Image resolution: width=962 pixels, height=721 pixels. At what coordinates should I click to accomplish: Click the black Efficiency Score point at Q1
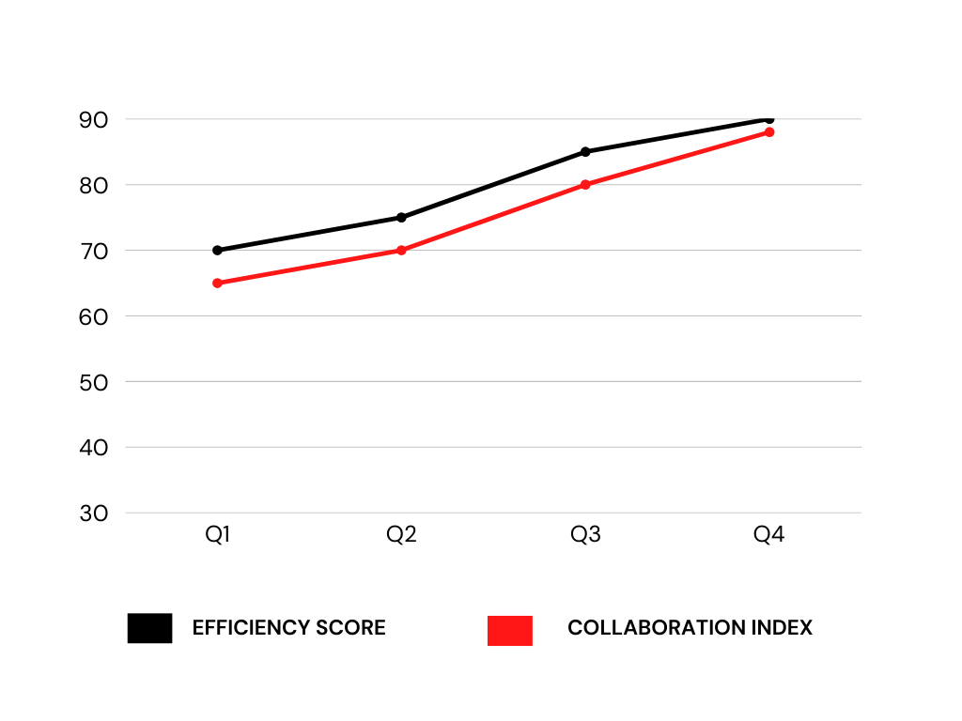click(217, 251)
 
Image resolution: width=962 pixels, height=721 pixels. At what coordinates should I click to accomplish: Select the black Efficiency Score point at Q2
click(401, 218)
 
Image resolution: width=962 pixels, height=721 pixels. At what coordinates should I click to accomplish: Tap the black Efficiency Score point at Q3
click(585, 151)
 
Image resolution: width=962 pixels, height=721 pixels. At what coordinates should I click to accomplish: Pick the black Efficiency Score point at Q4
click(769, 119)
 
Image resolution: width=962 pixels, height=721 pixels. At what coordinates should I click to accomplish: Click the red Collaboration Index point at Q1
click(217, 283)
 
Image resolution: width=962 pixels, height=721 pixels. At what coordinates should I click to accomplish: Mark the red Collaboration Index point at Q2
click(401, 251)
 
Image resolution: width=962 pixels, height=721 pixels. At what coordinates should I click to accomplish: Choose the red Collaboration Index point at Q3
click(585, 185)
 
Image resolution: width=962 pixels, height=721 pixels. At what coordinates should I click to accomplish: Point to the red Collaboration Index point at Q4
click(769, 132)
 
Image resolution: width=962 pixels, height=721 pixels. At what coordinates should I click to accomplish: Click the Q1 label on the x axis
click(218, 536)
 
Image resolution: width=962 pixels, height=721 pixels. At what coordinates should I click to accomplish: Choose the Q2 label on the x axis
click(401, 536)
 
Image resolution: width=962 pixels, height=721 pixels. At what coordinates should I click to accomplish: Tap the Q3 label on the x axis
click(585, 536)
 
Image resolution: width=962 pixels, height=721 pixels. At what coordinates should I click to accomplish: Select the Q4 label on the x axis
click(769, 536)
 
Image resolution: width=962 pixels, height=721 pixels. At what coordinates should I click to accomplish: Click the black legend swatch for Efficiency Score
click(149, 628)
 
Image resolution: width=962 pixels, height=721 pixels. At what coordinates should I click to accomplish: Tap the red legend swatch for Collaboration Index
click(510, 630)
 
